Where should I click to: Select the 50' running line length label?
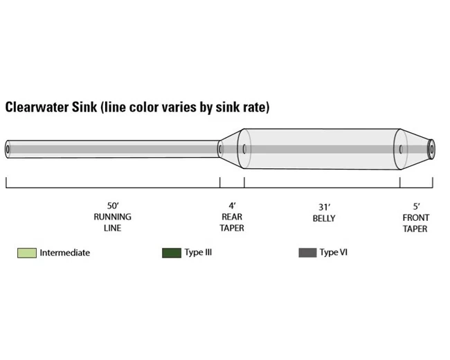(x=112, y=206)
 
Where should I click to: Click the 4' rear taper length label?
(x=232, y=206)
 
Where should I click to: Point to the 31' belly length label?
(x=323, y=206)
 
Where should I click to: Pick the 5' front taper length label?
(x=416, y=206)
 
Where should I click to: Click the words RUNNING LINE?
(x=112, y=222)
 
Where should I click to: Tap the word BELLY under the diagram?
(x=323, y=218)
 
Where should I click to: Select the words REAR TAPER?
(x=232, y=222)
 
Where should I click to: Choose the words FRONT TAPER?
(x=415, y=222)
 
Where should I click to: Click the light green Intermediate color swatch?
(x=26, y=253)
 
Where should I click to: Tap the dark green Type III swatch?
(x=171, y=253)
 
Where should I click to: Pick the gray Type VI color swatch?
(x=307, y=253)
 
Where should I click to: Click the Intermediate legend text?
(x=64, y=253)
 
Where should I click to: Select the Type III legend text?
(x=198, y=253)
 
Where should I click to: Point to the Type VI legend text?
(x=333, y=253)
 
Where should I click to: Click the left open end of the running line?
(x=8, y=149)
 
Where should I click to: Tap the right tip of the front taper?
(x=431, y=148)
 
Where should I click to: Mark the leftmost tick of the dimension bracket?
(x=6, y=183)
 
